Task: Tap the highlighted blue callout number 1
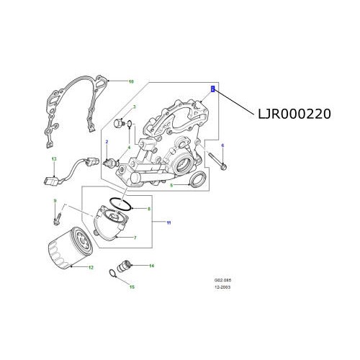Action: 213,89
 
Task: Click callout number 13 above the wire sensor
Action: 53,158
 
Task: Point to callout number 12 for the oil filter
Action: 91,268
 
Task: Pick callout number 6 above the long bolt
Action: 222,146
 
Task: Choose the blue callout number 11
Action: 168,220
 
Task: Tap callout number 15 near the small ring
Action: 132,287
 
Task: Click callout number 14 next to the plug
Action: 152,266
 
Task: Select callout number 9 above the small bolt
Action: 54,200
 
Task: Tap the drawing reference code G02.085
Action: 222,279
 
